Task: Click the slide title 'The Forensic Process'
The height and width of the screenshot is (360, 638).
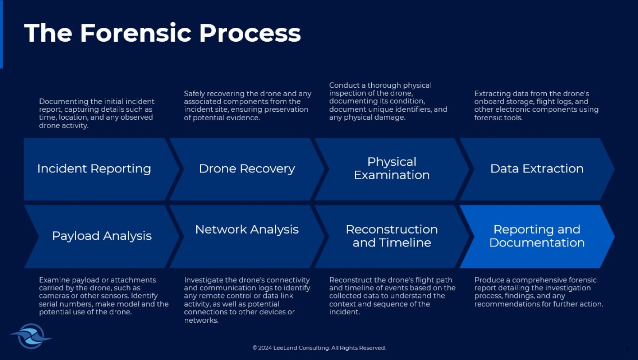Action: click(162, 33)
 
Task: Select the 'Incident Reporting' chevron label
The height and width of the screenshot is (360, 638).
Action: click(94, 168)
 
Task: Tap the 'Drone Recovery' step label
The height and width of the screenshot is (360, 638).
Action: click(247, 168)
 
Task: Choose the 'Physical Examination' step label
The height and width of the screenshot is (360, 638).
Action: click(392, 168)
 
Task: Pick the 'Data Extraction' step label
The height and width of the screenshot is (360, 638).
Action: click(537, 168)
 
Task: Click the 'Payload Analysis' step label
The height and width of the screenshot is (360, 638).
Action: click(101, 236)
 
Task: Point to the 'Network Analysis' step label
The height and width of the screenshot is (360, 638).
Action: click(247, 230)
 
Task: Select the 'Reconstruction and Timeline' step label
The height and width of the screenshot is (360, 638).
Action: click(392, 236)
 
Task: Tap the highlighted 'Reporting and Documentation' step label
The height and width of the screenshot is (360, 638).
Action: click(537, 236)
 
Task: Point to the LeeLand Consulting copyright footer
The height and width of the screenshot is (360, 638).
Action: click(319, 348)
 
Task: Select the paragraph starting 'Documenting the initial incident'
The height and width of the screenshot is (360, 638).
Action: click(97, 113)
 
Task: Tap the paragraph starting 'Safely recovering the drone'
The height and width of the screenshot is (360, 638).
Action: click(247, 106)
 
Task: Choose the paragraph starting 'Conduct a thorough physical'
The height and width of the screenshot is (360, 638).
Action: click(388, 101)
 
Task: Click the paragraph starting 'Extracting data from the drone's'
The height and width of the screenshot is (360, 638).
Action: click(536, 106)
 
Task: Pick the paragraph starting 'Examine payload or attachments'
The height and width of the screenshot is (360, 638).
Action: click(104, 296)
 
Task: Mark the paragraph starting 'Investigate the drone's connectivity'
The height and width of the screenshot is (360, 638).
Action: click(247, 300)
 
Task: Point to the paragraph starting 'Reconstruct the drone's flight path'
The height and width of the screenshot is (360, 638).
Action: click(392, 296)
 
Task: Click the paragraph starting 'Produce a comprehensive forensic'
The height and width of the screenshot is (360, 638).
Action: click(538, 292)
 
